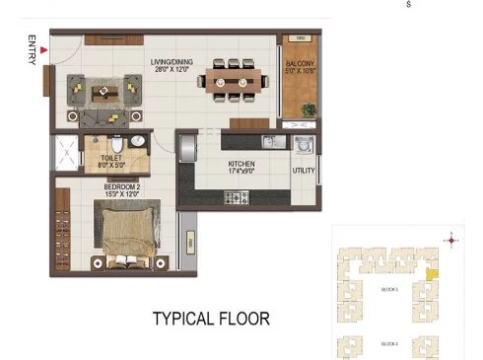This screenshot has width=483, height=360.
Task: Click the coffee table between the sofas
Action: [103, 94]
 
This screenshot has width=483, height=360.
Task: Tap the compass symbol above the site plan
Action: [451, 239]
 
